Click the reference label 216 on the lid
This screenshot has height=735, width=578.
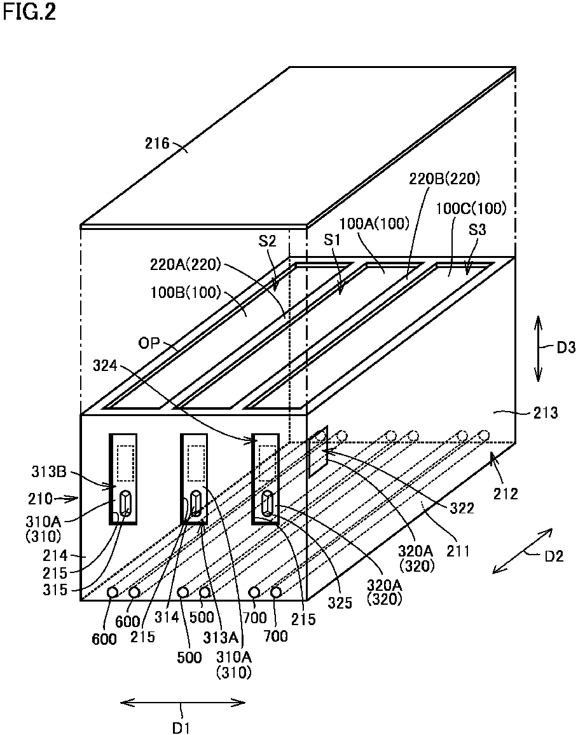point(156,143)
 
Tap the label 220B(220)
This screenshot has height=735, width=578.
point(444,179)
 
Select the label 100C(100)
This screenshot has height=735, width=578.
point(472,208)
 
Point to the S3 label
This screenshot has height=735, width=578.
point(477,230)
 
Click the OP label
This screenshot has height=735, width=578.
point(149,343)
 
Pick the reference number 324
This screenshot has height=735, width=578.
point(105,365)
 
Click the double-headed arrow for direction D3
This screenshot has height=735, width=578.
point(538,347)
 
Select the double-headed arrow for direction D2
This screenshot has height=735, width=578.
point(522,550)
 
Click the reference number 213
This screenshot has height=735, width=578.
point(545,413)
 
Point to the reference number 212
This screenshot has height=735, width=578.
point(505,494)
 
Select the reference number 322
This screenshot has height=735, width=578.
point(462,508)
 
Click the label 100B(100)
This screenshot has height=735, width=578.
point(185,293)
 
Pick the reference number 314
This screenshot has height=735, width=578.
point(167,617)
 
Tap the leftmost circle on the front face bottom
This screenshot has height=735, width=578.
point(113,593)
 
